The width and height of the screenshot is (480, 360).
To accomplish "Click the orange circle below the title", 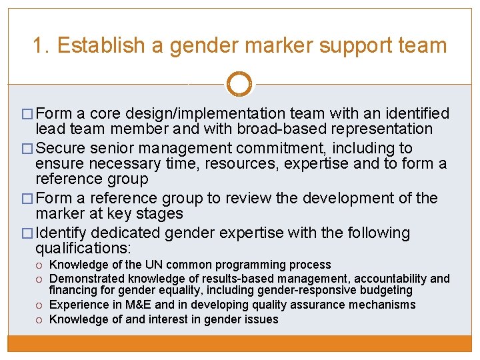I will click(239, 84).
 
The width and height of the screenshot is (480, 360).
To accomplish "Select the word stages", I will click(161, 213).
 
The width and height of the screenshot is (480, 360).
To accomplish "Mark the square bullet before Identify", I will click(27, 233).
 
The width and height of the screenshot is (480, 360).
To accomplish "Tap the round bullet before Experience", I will click(41, 305).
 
